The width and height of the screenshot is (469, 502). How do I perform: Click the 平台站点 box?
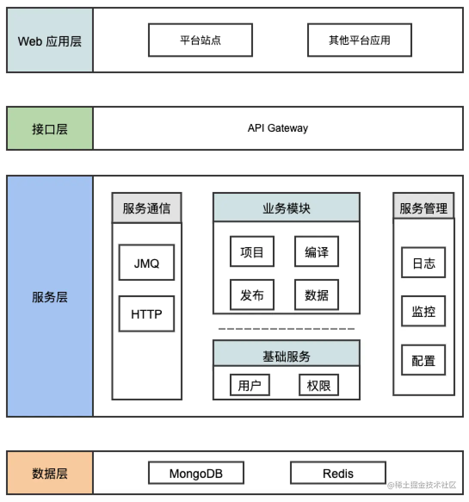pyautogui.click(x=200, y=40)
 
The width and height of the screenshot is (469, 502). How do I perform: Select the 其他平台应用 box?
pyautogui.click(x=359, y=40)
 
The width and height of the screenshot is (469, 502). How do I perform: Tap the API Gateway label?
pyautogui.click(x=278, y=128)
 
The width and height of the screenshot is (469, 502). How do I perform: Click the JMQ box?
pyautogui.click(x=146, y=263)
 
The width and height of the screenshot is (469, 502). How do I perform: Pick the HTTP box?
pyautogui.click(x=146, y=314)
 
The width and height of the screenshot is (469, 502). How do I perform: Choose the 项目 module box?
pyautogui.click(x=252, y=252)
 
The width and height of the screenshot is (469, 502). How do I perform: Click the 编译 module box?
pyautogui.click(x=316, y=252)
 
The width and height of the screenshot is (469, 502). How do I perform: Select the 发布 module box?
pyautogui.click(x=252, y=295)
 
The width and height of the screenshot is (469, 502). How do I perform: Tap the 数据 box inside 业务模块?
pyautogui.click(x=316, y=295)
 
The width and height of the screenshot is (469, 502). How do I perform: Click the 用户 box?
pyautogui.click(x=250, y=385)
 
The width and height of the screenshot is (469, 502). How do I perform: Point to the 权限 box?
pyautogui.click(x=318, y=385)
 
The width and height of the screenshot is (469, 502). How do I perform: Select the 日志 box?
pyautogui.click(x=423, y=263)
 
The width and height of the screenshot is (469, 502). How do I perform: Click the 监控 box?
pyautogui.click(x=423, y=311)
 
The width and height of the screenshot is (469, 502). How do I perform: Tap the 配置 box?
pyautogui.click(x=423, y=360)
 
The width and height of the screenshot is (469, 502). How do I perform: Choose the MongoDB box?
pyautogui.click(x=196, y=473)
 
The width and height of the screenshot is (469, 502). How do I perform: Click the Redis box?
pyautogui.click(x=338, y=473)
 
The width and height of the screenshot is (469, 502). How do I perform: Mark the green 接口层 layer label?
pyautogui.click(x=50, y=129)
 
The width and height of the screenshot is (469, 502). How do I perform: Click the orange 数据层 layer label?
pyautogui.click(x=50, y=473)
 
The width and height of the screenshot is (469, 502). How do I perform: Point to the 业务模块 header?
pyautogui.click(x=286, y=208)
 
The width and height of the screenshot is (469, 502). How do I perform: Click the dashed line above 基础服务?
pyautogui.click(x=286, y=329)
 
